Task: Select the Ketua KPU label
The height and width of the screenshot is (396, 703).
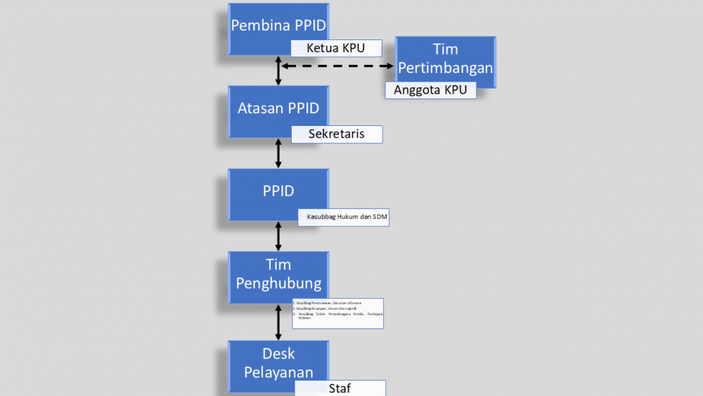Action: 337,49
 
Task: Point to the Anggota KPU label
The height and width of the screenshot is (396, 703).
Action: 430,90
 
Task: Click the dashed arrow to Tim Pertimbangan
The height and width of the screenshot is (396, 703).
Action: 337,66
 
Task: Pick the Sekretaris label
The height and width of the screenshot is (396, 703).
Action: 337,134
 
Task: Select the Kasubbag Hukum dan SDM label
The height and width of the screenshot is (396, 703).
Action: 343,217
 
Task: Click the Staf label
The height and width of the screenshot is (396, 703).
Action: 340,388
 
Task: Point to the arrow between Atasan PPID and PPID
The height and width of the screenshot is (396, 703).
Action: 278,153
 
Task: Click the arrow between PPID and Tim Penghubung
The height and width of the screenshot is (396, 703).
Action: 278,236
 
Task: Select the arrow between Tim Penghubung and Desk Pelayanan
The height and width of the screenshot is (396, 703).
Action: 278,322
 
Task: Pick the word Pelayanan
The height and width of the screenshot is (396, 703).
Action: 278,372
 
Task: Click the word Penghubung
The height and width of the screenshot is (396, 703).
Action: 278,283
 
